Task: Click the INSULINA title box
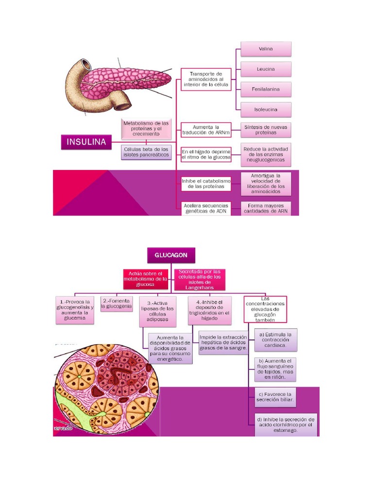(x=86, y=142)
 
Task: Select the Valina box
(x=266, y=49)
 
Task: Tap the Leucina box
(x=266, y=69)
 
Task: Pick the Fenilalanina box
(x=266, y=89)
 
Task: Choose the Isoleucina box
(x=266, y=110)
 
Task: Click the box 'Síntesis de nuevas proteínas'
(x=266, y=130)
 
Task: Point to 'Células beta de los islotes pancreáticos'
(x=146, y=152)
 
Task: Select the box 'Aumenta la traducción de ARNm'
(x=206, y=130)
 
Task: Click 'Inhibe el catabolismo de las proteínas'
(x=206, y=183)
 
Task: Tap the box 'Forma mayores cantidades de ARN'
(x=266, y=208)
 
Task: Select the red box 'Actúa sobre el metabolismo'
(x=145, y=279)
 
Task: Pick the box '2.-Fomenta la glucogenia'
(x=116, y=304)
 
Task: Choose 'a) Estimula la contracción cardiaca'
(x=276, y=340)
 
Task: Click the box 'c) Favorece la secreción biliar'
(x=275, y=397)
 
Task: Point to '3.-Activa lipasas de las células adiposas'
(x=157, y=311)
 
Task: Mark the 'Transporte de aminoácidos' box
(x=206, y=79)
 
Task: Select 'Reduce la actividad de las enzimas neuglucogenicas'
(x=266, y=154)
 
